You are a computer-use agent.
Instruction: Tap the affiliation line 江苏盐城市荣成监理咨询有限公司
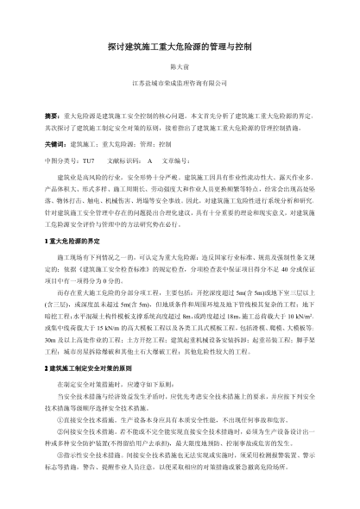click(180, 83)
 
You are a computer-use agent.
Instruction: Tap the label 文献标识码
click(124, 160)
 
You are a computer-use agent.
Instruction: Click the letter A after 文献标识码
click(151, 160)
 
